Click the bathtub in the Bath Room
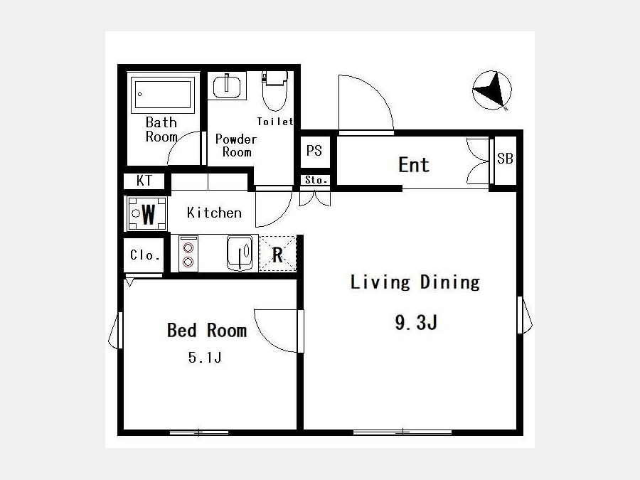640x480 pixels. pos(163,95)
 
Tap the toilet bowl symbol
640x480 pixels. pos(274,91)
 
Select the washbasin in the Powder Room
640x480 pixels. pos(227,86)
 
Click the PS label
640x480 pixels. pos(314,151)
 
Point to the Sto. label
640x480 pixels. pos(316,180)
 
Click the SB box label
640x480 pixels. pos(505,159)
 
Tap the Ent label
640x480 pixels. pos(413,165)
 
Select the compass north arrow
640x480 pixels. pos(492,90)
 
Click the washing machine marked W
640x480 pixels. pos(147,213)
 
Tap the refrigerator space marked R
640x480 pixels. pos(277,255)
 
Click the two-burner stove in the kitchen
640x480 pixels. pos(188,254)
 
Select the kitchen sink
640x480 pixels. pos(240,253)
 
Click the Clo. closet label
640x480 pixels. pos(145,255)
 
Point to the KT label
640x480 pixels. pos(144,181)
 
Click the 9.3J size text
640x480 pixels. pos(416,322)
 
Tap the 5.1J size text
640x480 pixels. pos(205,358)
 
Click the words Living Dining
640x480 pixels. pos(415,282)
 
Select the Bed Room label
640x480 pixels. pos(207,330)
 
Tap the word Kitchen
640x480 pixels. pos(214,213)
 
